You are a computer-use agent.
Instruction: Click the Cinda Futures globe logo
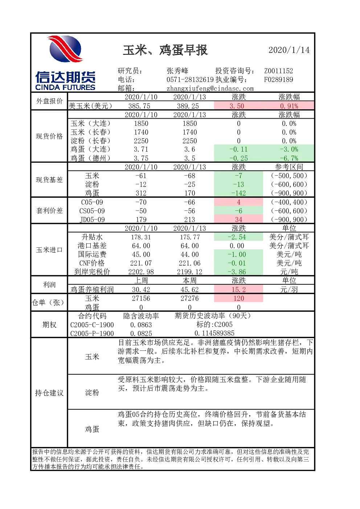click(x=66, y=49)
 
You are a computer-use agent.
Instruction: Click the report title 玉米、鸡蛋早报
click(x=165, y=50)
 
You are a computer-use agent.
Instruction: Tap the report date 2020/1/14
click(x=289, y=50)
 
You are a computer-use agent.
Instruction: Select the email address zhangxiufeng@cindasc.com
click(x=210, y=89)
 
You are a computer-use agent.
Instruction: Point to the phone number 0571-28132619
click(x=190, y=79)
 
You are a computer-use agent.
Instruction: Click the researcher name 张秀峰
click(x=177, y=71)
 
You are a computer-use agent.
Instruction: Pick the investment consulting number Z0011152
click(x=278, y=71)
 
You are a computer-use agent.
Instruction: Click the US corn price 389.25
click(x=188, y=106)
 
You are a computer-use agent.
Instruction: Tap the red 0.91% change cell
click(x=289, y=106)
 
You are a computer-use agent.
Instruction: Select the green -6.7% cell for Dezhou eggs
click(x=289, y=158)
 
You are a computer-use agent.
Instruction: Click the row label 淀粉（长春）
click(x=90, y=141)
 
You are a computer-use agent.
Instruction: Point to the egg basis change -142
click(x=238, y=193)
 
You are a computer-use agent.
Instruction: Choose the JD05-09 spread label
click(x=92, y=219)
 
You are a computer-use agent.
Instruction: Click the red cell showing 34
click(x=238, y=219)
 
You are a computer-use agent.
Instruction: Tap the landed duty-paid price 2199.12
click(x=189, y=271)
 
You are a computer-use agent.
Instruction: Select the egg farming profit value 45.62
click(x=189, y=289)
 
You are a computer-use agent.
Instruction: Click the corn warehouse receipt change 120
click(x=238, y=298)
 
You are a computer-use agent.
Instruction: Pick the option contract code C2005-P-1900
click(x=92, y=333)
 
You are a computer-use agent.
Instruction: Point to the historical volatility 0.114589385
click(x=214, y=333)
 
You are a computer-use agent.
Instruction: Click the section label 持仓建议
click(x=49, y=393)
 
